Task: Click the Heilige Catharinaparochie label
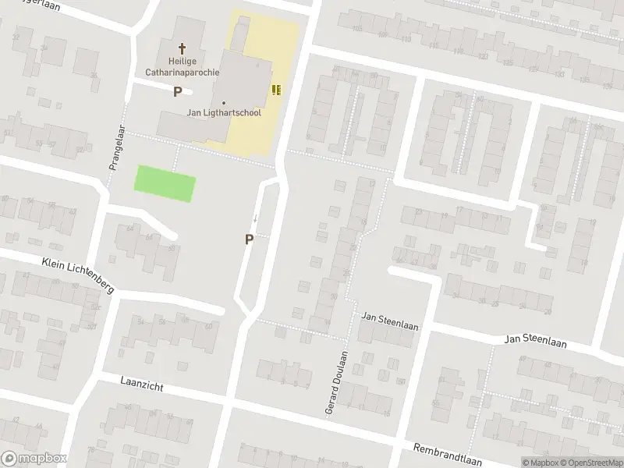(x=183, y=66)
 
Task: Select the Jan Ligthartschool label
(x=224, y=112)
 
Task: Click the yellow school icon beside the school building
(x=275, y=90)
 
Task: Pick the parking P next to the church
(x=177, y=91)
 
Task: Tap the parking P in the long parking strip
(x=249, y=239)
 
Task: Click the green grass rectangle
(x=165, y=183)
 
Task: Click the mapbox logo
(x=34, y=459)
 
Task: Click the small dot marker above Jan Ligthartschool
(x=224, y=102)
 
